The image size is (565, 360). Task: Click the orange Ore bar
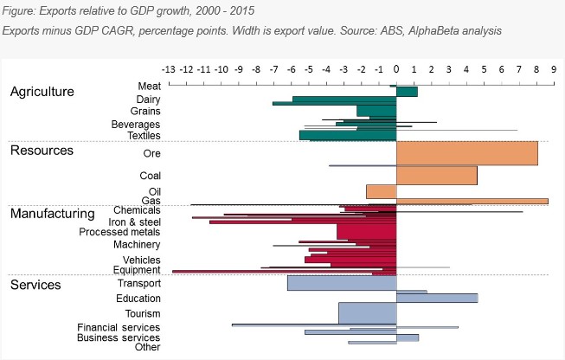pos(466,153)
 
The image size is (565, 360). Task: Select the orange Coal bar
pos(436,175)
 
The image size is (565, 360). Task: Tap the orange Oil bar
pos(381,191)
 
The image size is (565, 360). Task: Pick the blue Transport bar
pos(341,283)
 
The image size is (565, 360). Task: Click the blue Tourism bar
pos(367,312)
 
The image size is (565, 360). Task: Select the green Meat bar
pos(406,91)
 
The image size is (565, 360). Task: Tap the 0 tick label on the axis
pos(396,68)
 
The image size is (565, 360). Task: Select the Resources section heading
pos(42,151)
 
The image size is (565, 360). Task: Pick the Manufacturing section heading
pos(52,213)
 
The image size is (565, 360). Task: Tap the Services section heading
pos(35,284)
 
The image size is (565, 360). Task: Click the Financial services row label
pos(119,327)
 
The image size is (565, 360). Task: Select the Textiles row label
pos(143,136)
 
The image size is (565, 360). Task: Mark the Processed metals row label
pos(119,232)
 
